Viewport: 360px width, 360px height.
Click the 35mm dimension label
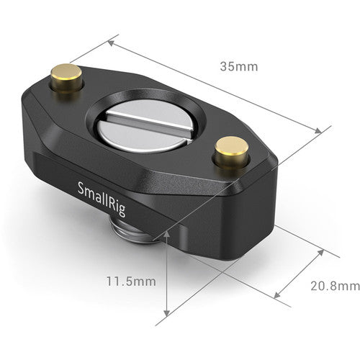238,67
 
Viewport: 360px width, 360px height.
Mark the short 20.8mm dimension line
299,273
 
